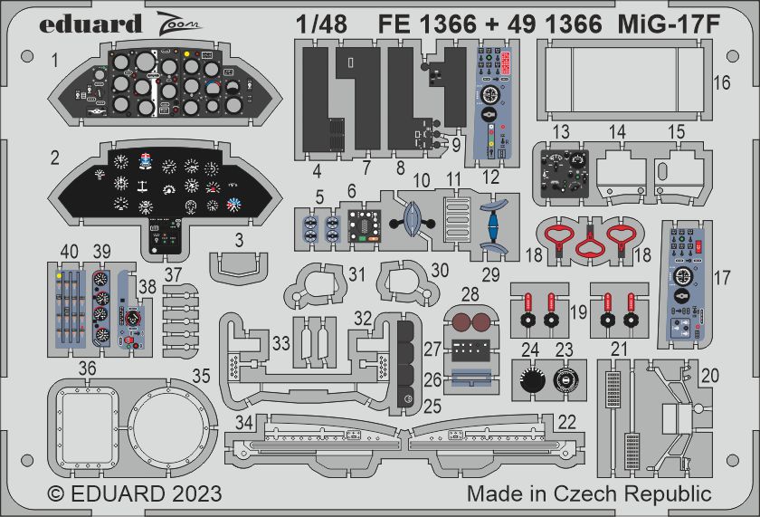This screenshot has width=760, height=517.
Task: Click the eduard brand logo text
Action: coord(90,24)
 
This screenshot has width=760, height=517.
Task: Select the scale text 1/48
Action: coord(321,25)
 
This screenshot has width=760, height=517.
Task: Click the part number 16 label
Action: coord(721,82)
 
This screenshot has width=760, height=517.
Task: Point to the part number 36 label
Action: coord(87,368)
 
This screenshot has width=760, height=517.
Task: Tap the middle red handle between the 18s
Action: coord(592,244)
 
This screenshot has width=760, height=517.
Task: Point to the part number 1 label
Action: coord(55,61)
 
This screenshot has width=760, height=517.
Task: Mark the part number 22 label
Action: coord(566,421)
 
